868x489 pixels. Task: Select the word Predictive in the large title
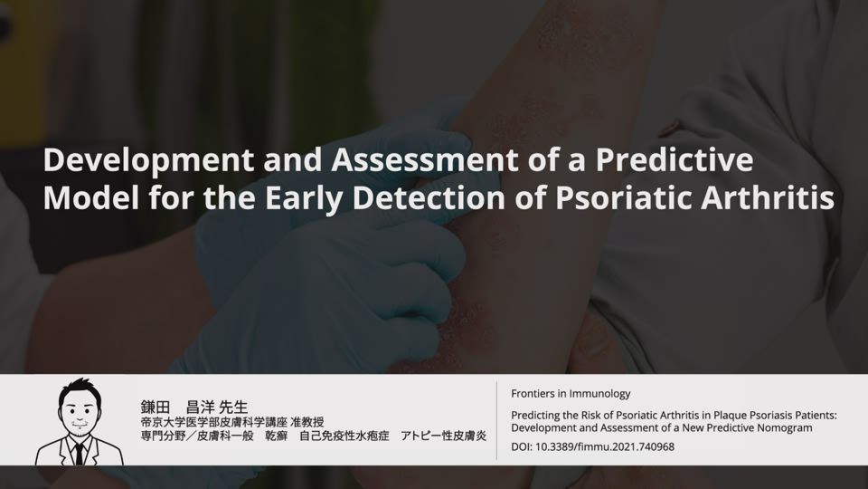click(675, 159)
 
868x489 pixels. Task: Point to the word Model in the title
click(91, 198)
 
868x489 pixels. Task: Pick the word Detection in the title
click(429, 198)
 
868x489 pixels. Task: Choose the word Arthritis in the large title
click(768, 198)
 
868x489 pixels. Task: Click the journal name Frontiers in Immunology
click(571, 394)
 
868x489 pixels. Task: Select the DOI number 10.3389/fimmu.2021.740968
click(605, 446)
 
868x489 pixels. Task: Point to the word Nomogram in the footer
click(785, 428)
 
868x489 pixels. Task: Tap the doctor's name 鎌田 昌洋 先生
click(194, 407)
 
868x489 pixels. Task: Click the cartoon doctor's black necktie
click(80, 453)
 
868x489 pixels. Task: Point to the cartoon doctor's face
click(80, 414)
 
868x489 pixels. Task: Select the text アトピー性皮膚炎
click(443, 436)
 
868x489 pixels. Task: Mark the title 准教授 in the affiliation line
click(307, 423)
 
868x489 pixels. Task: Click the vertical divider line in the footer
click(496, 421)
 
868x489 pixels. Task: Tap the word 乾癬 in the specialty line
click(277, 436)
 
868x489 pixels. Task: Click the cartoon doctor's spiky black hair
click(80, 389)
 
